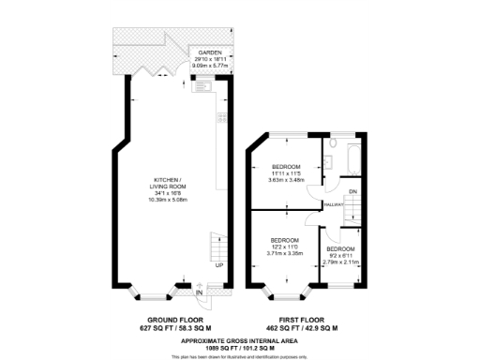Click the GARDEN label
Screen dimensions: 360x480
pos(208,52)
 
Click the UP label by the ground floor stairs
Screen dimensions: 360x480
pos(218,265)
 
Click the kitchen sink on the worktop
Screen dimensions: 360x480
pos(202,86)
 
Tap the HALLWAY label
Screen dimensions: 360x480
pos(332,203)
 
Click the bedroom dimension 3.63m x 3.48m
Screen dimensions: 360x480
pos(287,179)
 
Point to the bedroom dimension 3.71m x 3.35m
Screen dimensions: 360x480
pos(284,252)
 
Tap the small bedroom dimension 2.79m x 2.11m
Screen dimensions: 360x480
pos(340,262)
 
